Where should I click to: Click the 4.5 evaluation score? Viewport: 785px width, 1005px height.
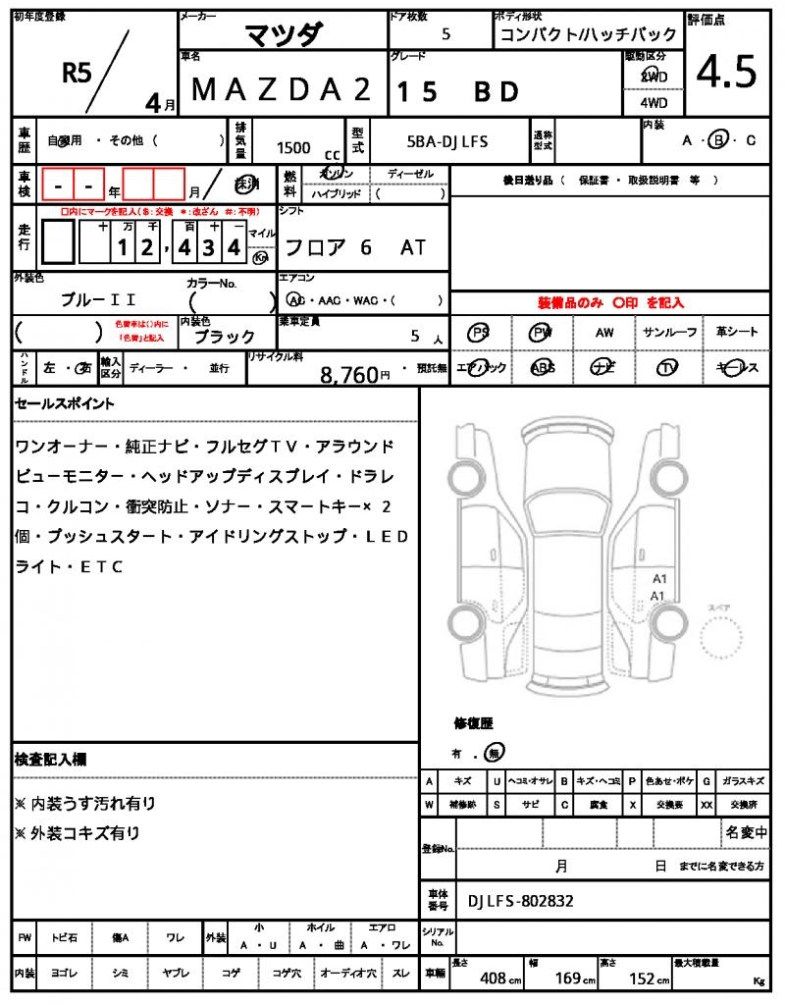pos(727,72)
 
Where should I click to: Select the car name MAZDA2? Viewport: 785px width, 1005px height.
pos(281,90)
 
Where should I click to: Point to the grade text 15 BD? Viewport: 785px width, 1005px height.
pos(456,91)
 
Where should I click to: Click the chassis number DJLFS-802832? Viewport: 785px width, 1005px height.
pos(521,901)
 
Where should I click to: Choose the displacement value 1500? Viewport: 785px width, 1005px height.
pos(293,147)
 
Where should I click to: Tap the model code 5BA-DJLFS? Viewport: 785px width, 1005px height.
pos(446,141)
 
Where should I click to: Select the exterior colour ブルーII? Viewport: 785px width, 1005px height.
pos(98,299)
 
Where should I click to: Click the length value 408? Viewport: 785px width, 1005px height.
pos(493,979)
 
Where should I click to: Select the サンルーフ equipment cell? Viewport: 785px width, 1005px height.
pos(669,333)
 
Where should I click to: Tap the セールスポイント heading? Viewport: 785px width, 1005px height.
pos(64,403)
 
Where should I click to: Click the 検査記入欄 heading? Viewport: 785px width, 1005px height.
pos(50,760)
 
